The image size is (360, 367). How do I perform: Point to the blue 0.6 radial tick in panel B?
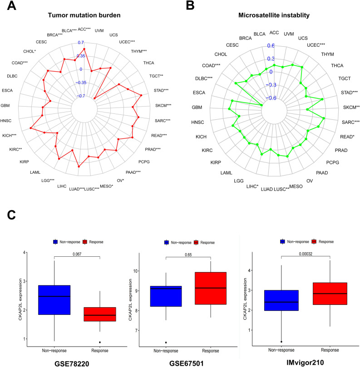[x=271, y=45]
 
